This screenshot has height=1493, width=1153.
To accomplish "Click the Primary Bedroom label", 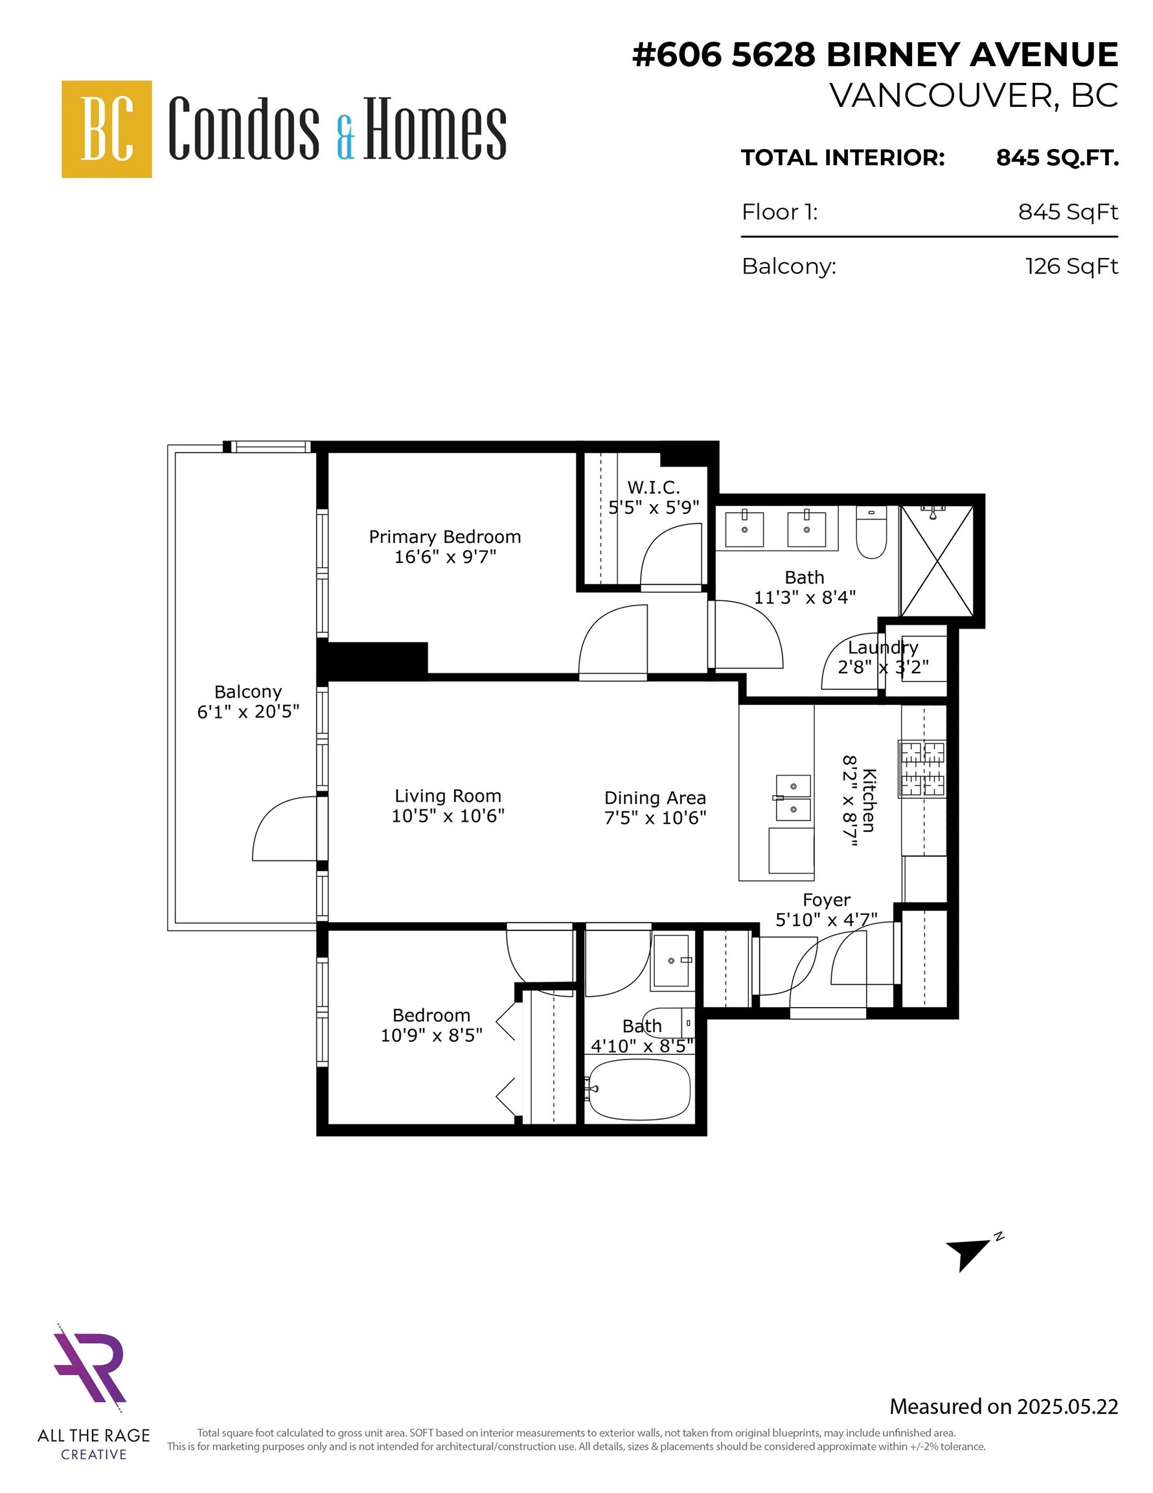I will [x=445, y=537].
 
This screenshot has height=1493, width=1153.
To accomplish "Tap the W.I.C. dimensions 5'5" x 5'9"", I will [x=654, y=507].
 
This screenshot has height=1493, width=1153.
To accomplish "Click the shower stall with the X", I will [x=937, y=560].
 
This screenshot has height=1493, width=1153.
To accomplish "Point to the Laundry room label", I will [x=882, y=647].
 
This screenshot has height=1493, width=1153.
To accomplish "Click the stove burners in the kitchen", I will [x=922, y=769].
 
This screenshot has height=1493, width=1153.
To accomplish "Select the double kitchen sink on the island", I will [x=793, y=798].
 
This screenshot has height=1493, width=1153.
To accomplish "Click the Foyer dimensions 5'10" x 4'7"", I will [x=826, y=920].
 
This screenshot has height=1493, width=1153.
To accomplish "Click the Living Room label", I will [x=448, y=796].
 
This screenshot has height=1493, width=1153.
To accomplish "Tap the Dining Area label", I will [x=655, y=798].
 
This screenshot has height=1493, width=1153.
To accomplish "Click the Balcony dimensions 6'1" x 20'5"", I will [x=248, y=712].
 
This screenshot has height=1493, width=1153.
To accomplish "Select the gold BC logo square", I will [x=107, y=129].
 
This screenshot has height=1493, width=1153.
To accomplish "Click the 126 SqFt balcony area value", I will [x=1071, y=266].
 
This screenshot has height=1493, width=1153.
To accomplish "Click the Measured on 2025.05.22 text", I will [x=1003, y=1407].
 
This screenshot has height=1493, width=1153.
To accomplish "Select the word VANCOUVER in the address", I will [x=942, y=96].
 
